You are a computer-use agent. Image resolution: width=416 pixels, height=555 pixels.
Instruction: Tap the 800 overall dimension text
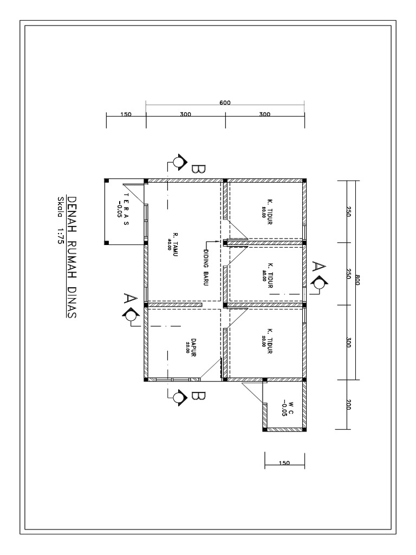[x=357, y=280]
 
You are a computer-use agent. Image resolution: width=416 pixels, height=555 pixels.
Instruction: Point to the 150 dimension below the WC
[x=284, y=463]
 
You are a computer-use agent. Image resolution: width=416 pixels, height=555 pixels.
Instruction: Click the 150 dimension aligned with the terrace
[x=126, y=115]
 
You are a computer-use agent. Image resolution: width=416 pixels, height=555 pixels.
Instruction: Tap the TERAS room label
[x=127, y=210]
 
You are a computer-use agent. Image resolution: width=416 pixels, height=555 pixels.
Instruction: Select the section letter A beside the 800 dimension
[x=320, y=267]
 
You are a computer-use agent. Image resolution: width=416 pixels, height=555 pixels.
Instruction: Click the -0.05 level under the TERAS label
[x=119, y=210]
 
